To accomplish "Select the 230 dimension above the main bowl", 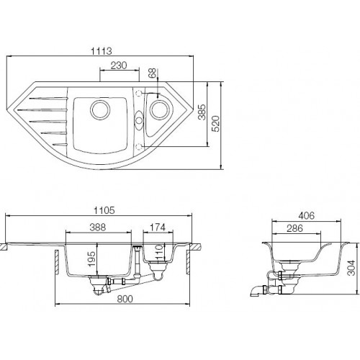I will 119,65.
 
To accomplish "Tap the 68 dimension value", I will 152,75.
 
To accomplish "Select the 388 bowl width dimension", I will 99,228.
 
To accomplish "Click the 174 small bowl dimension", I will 157,228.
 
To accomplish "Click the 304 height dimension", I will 351,269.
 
